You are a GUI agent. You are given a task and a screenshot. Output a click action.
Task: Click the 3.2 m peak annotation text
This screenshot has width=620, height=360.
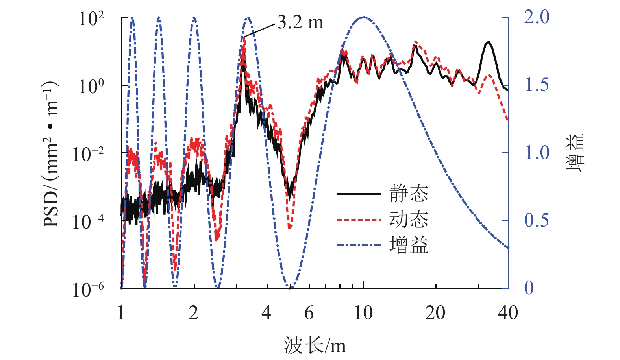[300, 22]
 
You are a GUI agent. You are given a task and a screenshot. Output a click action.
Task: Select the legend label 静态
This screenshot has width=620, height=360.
[409, 194]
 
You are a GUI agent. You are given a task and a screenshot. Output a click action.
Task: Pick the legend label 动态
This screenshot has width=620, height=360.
[409, 219]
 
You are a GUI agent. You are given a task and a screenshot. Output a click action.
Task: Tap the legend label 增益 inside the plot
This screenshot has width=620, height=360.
[409, 245]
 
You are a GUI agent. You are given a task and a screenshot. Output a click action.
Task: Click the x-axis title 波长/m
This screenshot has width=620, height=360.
[315, 345]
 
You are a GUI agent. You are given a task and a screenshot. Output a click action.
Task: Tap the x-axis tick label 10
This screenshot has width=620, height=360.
[363, 313]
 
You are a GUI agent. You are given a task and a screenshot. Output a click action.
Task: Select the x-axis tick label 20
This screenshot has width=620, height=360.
[435, 313]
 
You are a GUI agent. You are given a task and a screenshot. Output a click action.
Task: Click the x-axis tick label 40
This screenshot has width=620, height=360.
[508, 313]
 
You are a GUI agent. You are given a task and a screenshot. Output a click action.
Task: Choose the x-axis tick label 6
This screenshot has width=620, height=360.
[309, 313]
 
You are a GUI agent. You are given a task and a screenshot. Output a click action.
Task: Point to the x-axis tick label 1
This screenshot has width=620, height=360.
[121, 313]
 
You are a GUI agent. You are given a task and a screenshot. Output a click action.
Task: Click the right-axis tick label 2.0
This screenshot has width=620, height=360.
[536, 17]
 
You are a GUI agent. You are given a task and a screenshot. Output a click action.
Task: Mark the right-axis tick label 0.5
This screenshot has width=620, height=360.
[536, 220]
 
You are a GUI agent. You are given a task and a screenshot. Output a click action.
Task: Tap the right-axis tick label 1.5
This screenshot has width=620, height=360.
[536, 85]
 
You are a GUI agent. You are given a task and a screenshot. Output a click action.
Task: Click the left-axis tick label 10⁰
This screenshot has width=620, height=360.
[91, 86]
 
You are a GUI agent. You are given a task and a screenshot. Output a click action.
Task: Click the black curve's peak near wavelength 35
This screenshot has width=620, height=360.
[489, 41]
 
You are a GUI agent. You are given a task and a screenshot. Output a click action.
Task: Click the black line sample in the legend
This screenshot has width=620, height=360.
[359, 194]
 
